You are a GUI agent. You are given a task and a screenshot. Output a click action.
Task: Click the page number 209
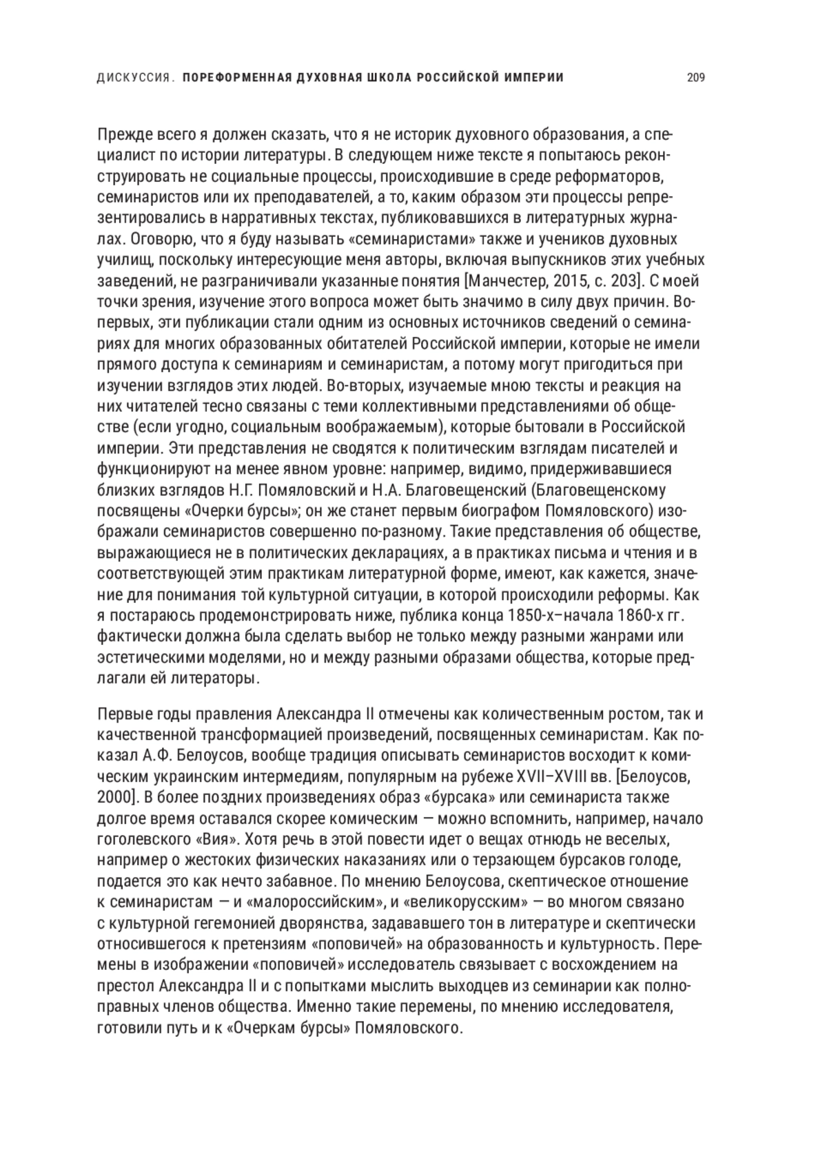[x=695, y=78]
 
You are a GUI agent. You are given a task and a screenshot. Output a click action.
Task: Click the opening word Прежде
[x=121, y=134]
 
